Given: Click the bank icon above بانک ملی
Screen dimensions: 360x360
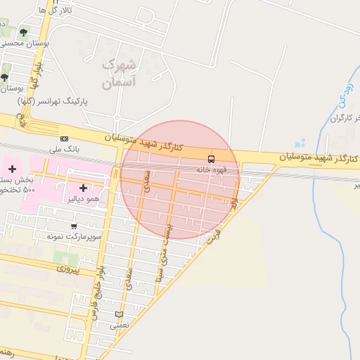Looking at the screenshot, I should click(x=65, y=139).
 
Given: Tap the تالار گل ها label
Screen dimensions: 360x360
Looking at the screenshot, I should click(x=56, y=11).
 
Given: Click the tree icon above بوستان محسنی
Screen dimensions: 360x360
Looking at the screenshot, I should click(x=24, y=32).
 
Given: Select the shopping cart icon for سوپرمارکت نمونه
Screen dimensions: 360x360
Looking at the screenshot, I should click(x=74, y=226).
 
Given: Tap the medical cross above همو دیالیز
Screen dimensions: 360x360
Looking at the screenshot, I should click(x=84, y=188).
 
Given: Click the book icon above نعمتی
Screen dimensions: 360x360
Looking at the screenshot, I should click(x=119, y=314).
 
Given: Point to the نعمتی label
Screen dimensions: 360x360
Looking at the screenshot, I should click(x=120, y=326).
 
